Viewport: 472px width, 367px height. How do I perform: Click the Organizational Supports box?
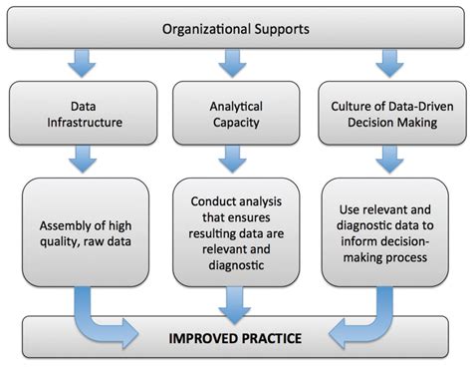click(x=235, y=26)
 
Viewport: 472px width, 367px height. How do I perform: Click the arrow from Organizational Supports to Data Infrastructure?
click(x=84, y=64)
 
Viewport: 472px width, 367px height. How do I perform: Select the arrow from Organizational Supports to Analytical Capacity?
click(x=235, y=64)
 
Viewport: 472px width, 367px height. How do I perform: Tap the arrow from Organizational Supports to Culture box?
click(x=386, y=64)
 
